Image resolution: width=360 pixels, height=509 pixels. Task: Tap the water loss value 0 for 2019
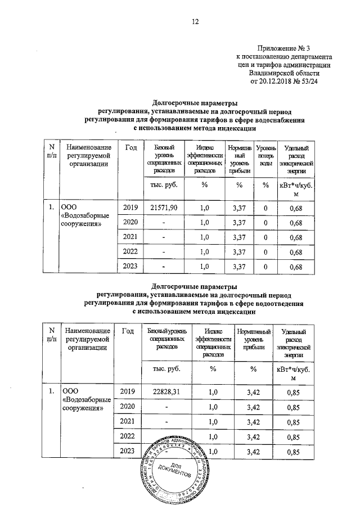click(x=265, y=208)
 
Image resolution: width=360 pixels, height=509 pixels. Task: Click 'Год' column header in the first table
click(x=131, y=147)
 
